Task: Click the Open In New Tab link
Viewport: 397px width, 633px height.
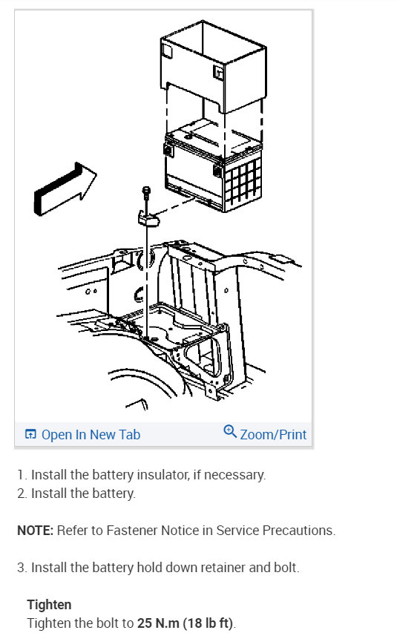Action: tap(91, 434)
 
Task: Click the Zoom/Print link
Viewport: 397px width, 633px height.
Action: tap(273, 434)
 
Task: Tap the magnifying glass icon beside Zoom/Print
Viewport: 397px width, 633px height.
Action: tap(230, 431)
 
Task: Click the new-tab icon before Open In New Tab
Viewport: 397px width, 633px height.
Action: tap(30, 434)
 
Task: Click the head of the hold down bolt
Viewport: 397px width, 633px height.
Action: tap(146, 189)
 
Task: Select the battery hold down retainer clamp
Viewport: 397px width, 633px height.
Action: tap(148, 218)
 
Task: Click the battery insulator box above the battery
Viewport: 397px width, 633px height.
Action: tap(213, 66)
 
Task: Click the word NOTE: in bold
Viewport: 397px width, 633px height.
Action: tap(35, 530)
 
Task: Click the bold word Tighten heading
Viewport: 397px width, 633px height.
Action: tap(49, 604)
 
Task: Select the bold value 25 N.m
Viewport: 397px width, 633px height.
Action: tap(158, 623)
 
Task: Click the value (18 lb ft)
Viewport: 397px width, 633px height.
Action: tap(208, 623)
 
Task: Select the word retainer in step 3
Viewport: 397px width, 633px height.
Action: tap(223, 567)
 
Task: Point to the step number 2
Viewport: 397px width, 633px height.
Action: tap(22, 493)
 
